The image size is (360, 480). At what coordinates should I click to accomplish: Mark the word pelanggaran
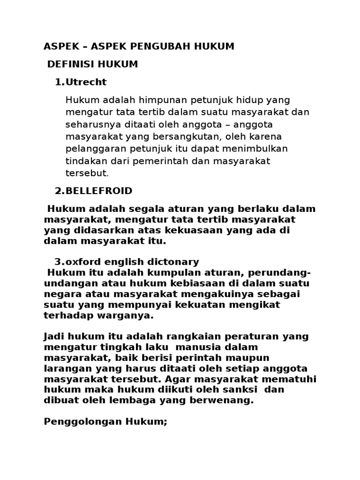coord(94,149)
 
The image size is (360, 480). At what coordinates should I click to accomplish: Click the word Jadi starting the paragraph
coord(53,337)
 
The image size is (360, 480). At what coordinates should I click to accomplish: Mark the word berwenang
coord(226,400)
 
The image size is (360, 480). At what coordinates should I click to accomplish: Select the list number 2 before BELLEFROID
coord(58,191)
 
